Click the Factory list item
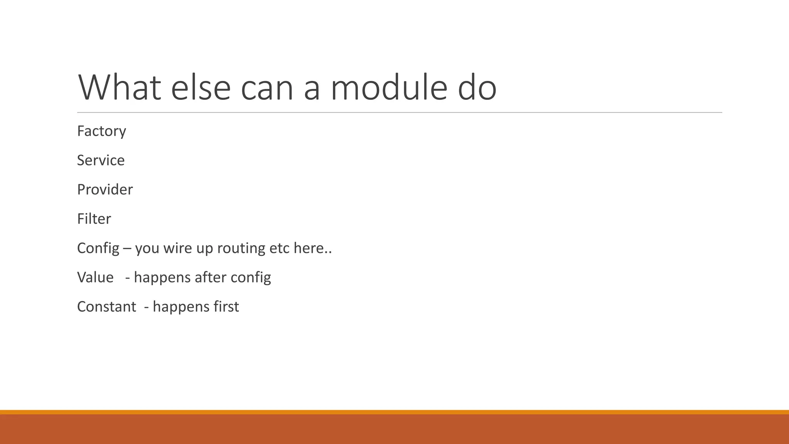pos(101,131)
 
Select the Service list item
pos(101,160)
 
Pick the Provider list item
pos(105,190)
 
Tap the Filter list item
pos(94,219)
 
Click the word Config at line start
pos(98,249)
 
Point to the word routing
pos(241,248)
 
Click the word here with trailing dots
pos(312,248)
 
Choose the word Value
pos(95,277)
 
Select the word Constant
pos(106,307)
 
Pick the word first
pos(225,307)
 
